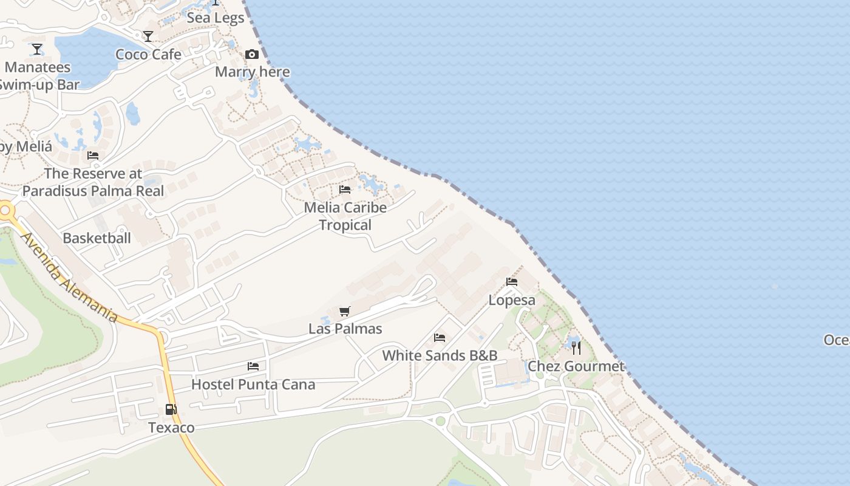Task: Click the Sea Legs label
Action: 216,18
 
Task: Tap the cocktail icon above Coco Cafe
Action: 148,36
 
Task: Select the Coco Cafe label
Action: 148,54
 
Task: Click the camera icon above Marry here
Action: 252,54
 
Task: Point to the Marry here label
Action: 252,72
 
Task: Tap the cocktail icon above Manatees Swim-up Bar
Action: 37,49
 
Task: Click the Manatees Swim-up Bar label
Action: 38,76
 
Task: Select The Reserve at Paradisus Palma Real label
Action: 93,182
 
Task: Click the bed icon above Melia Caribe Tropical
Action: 345,190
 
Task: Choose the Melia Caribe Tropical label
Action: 345,216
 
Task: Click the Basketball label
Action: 97,238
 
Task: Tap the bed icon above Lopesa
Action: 512,282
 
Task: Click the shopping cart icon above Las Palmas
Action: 345,312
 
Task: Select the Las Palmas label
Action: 345,329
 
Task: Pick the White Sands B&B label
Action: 440,355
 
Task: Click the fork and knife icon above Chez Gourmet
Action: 576,348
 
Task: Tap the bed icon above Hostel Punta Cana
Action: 253,366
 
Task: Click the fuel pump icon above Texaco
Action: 171,410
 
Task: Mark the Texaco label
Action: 171,428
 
